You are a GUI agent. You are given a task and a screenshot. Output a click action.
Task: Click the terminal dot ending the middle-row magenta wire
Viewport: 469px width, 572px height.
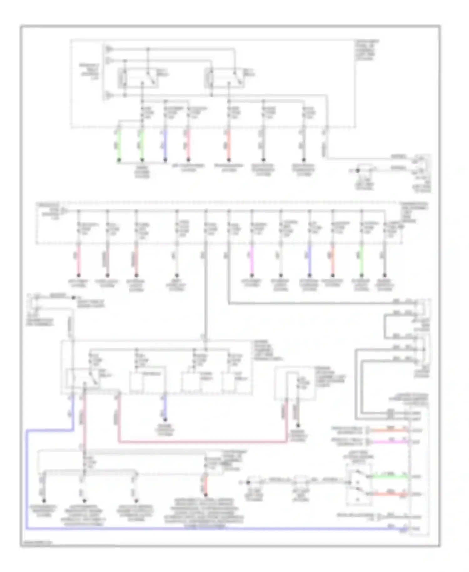[x=252, y=276]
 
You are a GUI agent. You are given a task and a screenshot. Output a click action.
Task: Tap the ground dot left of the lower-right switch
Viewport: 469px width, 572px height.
[x=249, y=483]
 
